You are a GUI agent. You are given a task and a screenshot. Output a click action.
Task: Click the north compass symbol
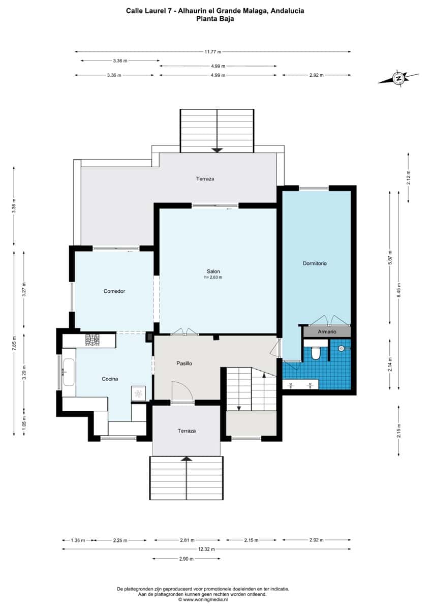point(399,78)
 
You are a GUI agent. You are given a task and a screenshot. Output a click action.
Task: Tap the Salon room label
point(213,271)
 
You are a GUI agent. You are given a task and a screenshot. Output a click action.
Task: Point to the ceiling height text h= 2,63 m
point(213,278)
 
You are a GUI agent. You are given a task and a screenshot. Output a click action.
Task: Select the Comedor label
point(114,291)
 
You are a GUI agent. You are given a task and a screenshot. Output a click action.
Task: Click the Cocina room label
point(110,379)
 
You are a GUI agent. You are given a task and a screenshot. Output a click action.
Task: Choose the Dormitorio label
point(314,263)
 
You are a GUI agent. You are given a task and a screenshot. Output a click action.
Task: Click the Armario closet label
point(327,331)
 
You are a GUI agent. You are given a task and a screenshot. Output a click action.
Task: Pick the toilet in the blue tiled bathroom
point(315,353)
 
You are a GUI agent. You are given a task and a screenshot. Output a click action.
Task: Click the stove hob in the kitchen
point(93,340)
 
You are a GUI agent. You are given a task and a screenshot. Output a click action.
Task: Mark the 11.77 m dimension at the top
point(213,51)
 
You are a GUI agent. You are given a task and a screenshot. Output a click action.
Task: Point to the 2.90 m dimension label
point(187,559)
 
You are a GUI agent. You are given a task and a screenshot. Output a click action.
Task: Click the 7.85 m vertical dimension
point(14,342)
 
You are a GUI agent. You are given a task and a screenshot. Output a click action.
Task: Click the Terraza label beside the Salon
point(205,179)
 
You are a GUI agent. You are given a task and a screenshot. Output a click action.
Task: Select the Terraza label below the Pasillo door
point(187,431)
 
